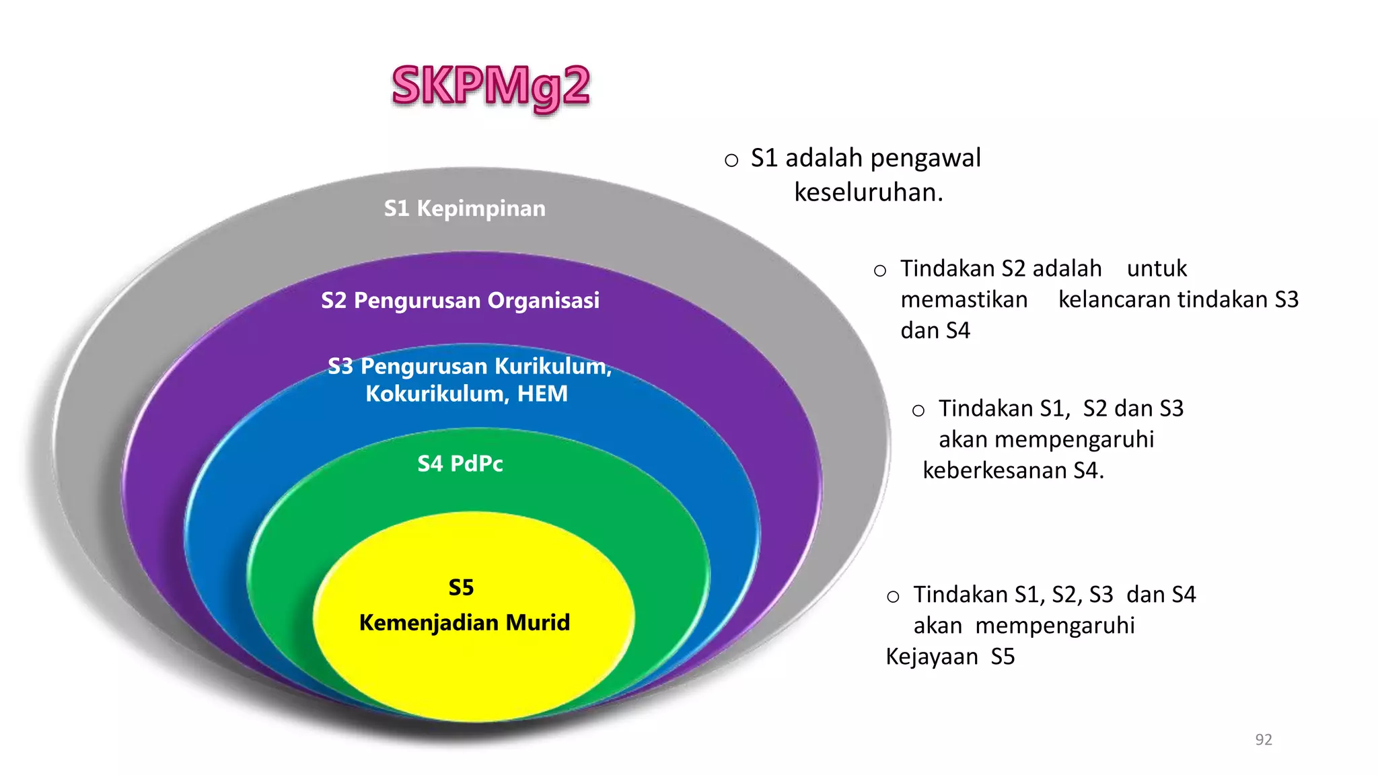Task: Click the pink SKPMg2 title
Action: [491, 86]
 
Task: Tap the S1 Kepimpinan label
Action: [464, 209]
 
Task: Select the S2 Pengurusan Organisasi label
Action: [460, 300]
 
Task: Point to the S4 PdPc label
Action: [460, 464]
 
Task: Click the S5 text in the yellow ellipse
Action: [462, 587]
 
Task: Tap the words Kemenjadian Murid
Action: [464, 622]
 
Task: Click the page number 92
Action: [1264, 739]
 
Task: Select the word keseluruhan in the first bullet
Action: [869, 192]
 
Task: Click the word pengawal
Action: [925, 158]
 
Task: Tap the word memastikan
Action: [964, 299]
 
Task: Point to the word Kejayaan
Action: [931, 657]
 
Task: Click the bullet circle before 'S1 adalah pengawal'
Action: [731, 160]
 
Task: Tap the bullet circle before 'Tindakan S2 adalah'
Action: [880, 271]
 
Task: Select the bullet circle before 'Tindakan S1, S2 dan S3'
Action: [918, 410]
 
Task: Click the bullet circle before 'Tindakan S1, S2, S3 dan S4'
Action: [893, 597]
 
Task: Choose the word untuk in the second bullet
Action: [1157, 268]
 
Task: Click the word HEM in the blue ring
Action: [542, 394]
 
